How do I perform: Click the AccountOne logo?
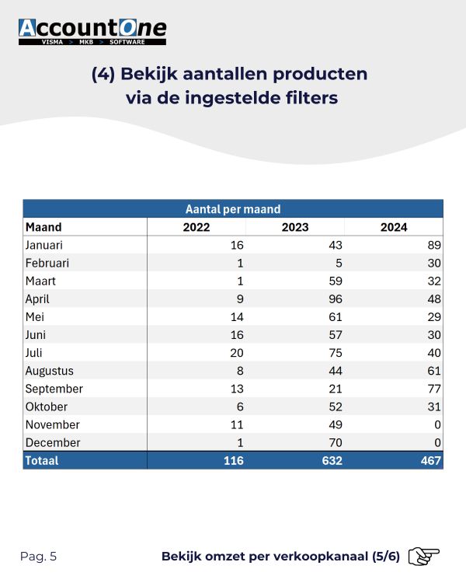pyautogui.click(x=92, y=32)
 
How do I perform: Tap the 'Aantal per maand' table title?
pyautogui.click(x=233, y=209)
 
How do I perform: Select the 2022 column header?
pyautogui.click(x=196, y=227)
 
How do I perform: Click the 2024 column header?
pyautogui.click(x=394, y=227)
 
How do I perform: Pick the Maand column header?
pyautogui.click(x=43, y=227)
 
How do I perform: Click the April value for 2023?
pyautogui.click(x=336, y=299)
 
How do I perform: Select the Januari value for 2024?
pyautogui.click(x=434, y=245)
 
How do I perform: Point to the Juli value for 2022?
pyautogui.click(x=237, y=353)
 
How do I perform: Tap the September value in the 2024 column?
pyautogui.click(x=434, y=389)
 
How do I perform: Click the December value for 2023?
pyautogui.click(x=336, y=443)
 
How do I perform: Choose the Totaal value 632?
pyautogui.click(x=332, y=461)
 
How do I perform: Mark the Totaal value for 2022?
pyautogui.click(x=233, y=461)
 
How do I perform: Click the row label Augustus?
pyautogui.click(x=50, y=371)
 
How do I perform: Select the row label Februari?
pyautogui.click(x=47, y=264)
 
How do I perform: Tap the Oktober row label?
pyautogui.click(x=47, y=407)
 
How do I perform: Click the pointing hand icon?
pyautogui.click(x=423, y=557)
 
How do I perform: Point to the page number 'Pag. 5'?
pyautogui.click(x=38, y=557)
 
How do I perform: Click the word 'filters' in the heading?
pyautogui.click(x=311, y=98)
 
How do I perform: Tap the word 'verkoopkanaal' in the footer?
pyautogui.click(x=321, y=557)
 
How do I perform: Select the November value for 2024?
pyautogui.click(x=437, y=424)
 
